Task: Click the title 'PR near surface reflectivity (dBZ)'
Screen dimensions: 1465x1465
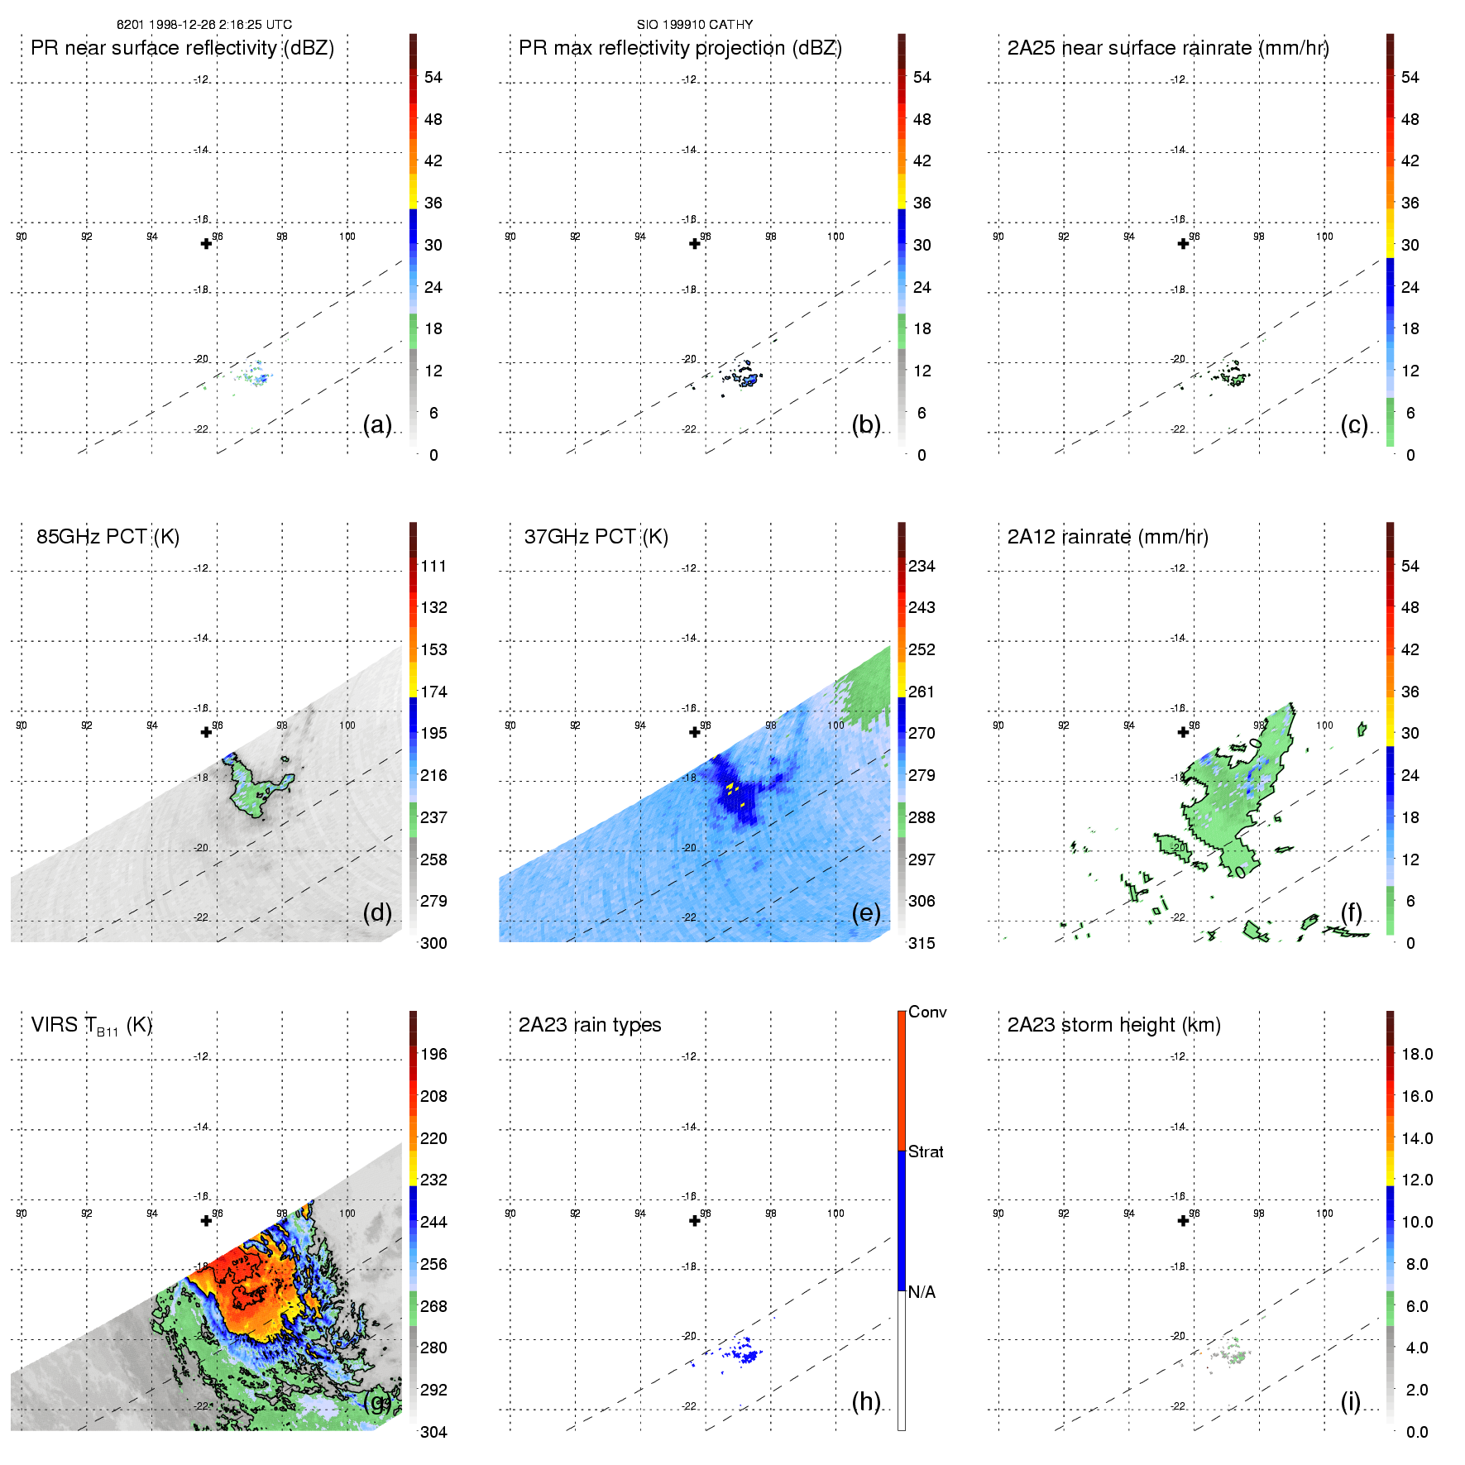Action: click(182, 48)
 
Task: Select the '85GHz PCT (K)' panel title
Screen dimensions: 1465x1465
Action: click(108, 537)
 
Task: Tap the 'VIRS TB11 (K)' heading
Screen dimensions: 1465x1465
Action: click(91, 1026)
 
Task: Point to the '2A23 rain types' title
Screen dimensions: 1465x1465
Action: click(590, 1025)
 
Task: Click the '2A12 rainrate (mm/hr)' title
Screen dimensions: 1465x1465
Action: click(1108, 537)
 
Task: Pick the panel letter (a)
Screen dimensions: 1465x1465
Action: click(377, 424)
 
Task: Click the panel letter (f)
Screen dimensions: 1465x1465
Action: click(1352, 912)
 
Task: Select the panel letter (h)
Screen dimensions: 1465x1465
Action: click(866, 1401)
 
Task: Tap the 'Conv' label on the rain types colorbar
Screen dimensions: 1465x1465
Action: click(927, 1012)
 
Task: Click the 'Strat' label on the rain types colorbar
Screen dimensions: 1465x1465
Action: click(926, 1151)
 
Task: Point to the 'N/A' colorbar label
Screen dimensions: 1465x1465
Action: click(922, 1292)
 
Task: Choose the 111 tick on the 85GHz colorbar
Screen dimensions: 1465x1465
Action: click(433, 567)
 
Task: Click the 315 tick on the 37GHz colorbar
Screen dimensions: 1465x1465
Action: click(922, 943)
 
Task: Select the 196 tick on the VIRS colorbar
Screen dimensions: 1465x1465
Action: click(433, 1055)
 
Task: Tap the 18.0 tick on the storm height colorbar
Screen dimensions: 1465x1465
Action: click(1417, 1055)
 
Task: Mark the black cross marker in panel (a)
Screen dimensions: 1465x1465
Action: click(206, 243)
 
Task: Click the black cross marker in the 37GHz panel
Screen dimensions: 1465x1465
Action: click(695, 732)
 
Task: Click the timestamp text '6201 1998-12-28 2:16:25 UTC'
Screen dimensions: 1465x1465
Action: click(204, 25)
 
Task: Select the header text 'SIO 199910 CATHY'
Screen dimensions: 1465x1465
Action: click(695, 25)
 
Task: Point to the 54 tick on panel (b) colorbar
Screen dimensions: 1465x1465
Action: click(922, 78)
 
